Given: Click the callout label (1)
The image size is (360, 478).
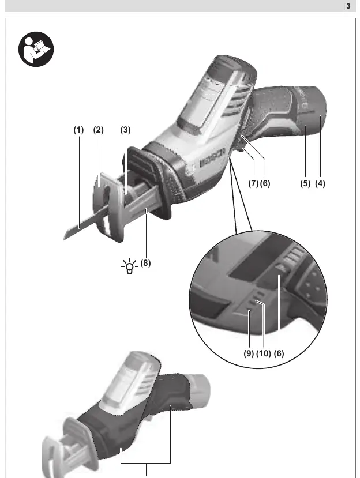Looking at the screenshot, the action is pos(78,130).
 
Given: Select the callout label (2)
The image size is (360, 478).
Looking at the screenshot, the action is pos(98,130).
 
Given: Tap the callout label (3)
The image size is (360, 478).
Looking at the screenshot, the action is pos(125,130).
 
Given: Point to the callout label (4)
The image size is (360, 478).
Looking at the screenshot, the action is pos(320,183).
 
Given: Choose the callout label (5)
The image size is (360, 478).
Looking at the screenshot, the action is pos(305,183).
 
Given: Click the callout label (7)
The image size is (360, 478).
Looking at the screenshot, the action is pos(253,183).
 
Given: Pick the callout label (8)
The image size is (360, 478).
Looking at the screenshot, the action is pos(145,263).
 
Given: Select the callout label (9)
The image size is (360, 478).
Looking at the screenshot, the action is pos(249,353).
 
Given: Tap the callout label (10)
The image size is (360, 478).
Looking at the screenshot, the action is pos(264,353).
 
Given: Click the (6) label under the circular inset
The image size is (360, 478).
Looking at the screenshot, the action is pos(279,353).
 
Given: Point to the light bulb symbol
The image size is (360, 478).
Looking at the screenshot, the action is pos(130,266).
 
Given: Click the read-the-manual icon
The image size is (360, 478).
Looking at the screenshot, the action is pos(36,49).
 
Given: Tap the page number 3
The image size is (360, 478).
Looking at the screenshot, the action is pos(348,6).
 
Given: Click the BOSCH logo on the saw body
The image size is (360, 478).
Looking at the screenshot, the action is pos(213,158).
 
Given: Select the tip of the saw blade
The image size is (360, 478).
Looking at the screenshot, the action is pos(64,238).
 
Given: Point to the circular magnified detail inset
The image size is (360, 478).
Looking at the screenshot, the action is pos(258,299).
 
